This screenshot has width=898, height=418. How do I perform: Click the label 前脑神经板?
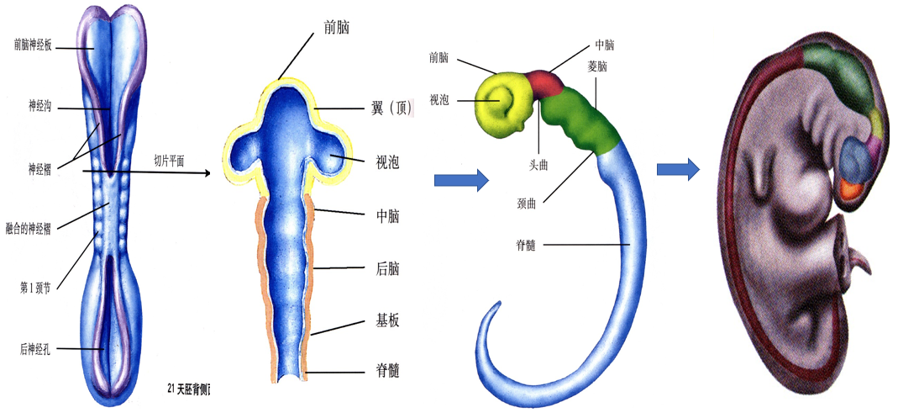pyautogui.click(x=34, y=45)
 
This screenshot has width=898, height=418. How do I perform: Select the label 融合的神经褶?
pyautogui.click(x=28, y=228)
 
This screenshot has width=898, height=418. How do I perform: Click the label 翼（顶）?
pyautogui.click(x=390, y=108)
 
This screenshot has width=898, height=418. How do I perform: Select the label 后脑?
pyautogui.click(x=387, y=268)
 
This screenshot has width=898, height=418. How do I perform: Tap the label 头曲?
pyautogui.click(x=538, y=167)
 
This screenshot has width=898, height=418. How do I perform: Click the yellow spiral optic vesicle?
pyautogui.click(x=504, y=103)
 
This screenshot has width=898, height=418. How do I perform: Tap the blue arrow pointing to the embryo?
pyautogui.click(x=678, y=169)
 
